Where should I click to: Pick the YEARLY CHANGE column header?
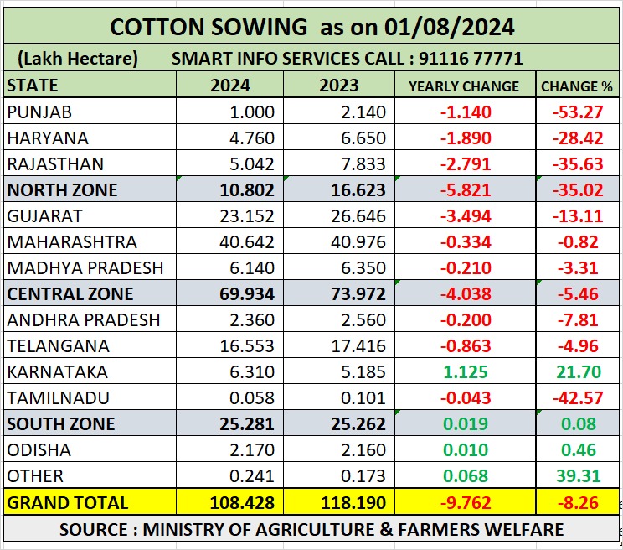click(463, 86)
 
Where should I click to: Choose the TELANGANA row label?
click(49, 346)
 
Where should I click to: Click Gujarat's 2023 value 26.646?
click(358, 216)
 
